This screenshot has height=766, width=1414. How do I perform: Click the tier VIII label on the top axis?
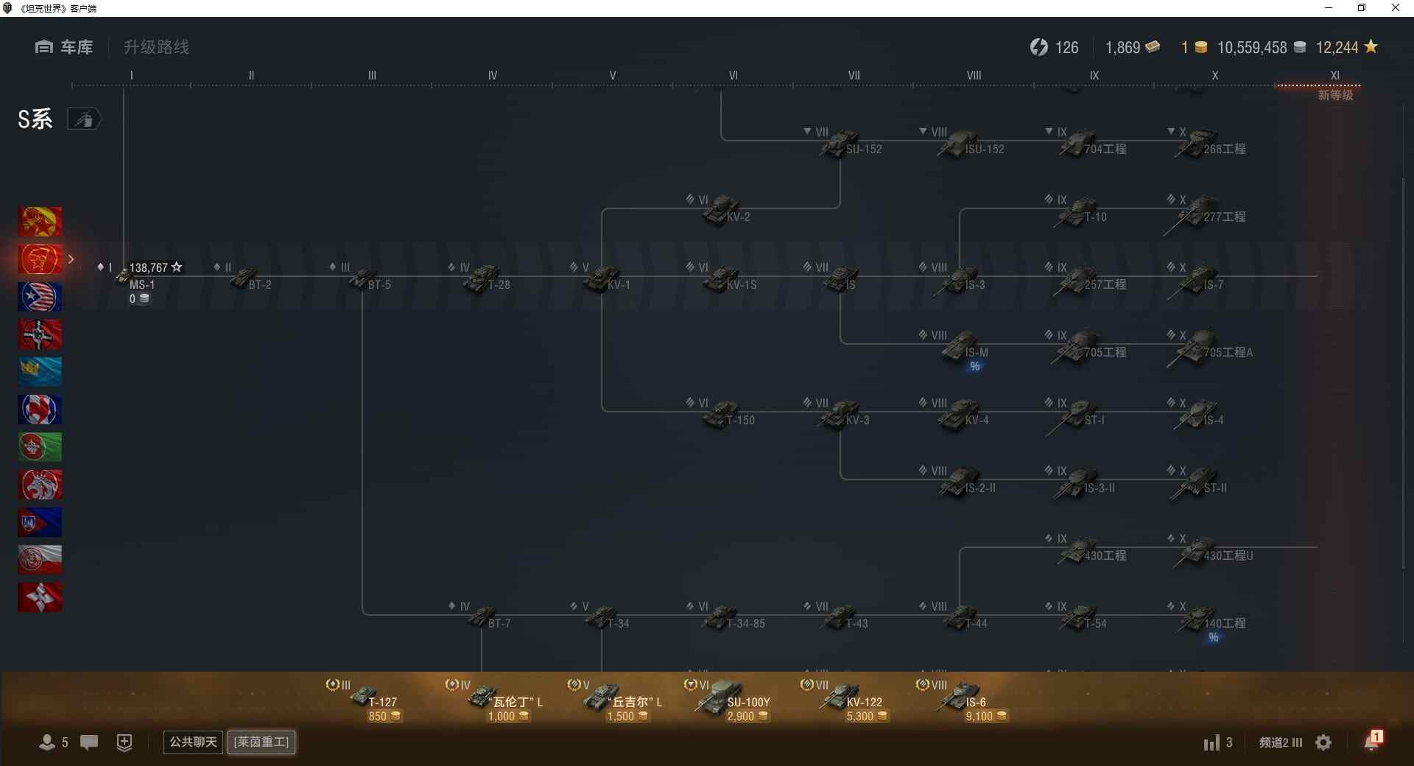[x=974, y=75]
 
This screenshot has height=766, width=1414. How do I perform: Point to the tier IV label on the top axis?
[x=492, y=75]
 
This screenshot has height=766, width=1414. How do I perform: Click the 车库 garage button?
[x=65, y=47]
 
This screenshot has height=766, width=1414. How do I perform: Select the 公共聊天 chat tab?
[x=193, y=742]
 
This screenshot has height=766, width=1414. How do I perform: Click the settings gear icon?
[x=1323, y=742]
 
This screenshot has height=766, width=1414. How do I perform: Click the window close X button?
[x=1395, y=8]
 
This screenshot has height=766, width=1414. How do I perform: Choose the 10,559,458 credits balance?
[x=1252, y=48]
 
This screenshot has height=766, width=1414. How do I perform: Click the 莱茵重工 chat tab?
[x=261, y=742]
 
